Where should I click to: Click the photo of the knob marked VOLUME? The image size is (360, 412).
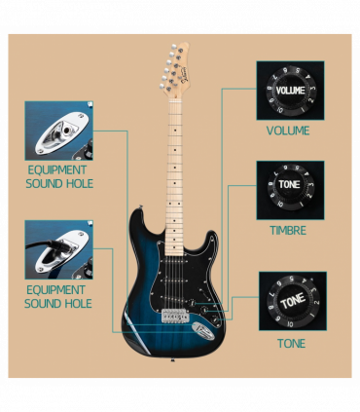290,91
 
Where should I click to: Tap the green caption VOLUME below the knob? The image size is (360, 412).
288,131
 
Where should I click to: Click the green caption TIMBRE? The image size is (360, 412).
288,232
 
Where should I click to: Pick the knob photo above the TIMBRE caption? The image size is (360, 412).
290,190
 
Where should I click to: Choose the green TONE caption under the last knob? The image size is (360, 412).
291,344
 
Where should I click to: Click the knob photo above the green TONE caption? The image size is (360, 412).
292,301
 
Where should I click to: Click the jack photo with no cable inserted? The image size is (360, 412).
58,131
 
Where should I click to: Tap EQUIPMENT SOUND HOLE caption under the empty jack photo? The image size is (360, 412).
58,176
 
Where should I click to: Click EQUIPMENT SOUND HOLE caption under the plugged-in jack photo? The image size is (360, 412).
58,297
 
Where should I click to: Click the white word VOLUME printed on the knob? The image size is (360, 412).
290,91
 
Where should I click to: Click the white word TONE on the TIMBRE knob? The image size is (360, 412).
289,184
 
